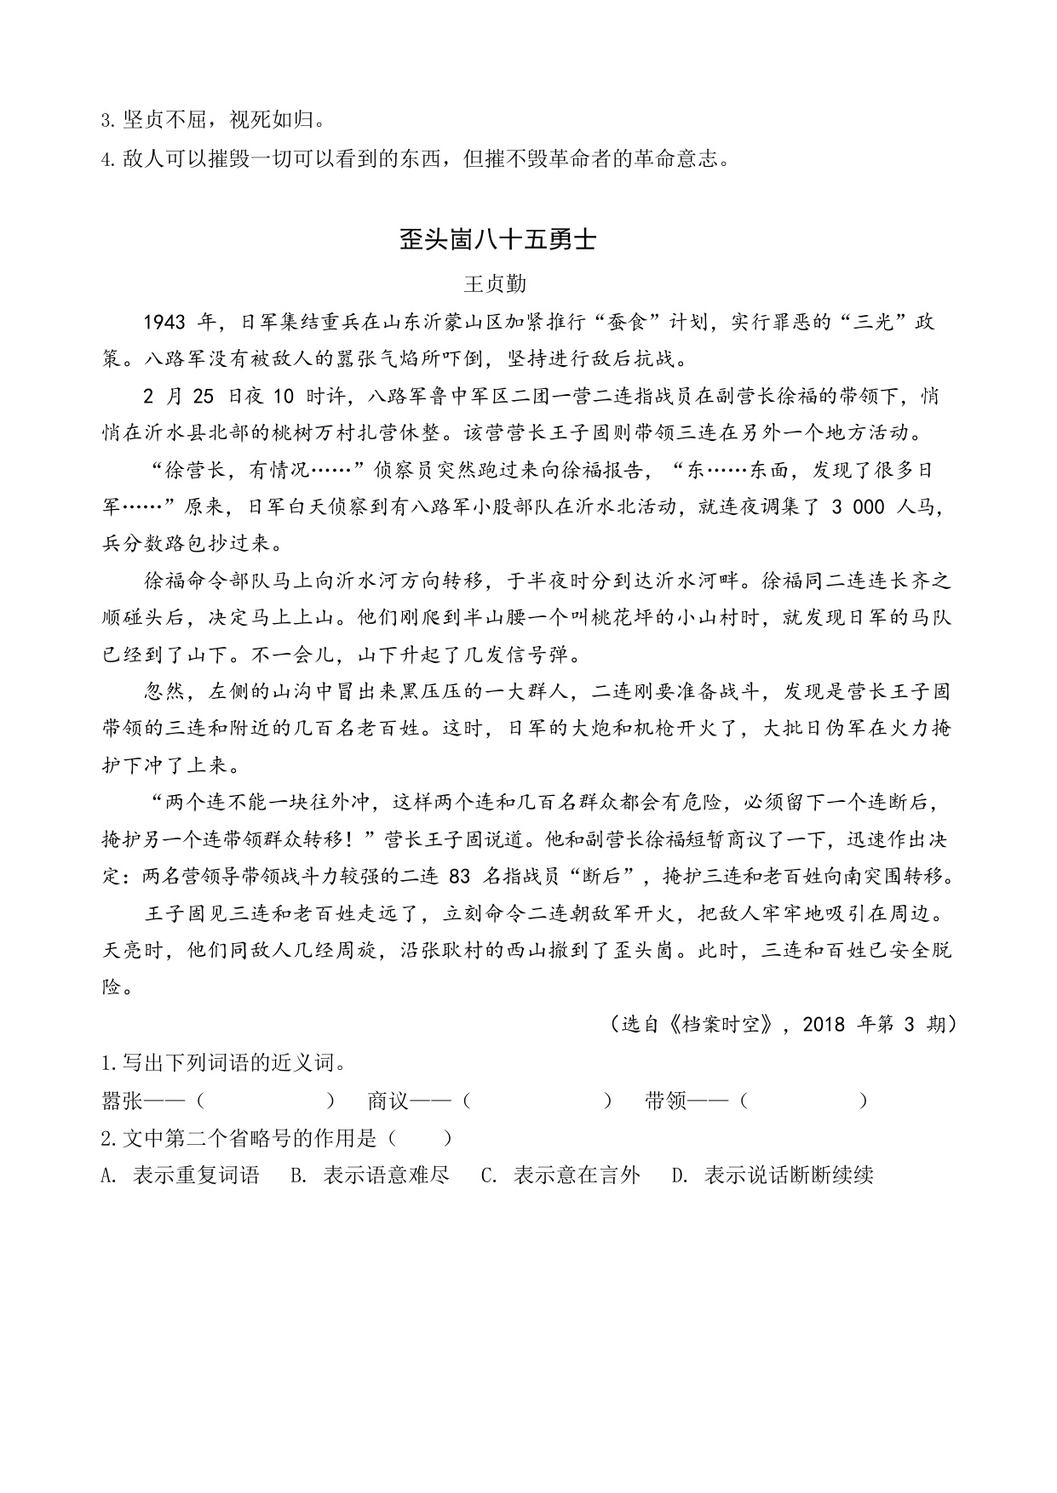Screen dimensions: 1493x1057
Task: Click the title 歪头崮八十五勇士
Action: click(497, 241)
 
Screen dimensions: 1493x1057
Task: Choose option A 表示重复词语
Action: click(180, 1176)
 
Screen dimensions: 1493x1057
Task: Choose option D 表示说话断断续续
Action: click(773, 1176)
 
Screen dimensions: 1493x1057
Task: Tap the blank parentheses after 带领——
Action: click(803, 1101)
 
